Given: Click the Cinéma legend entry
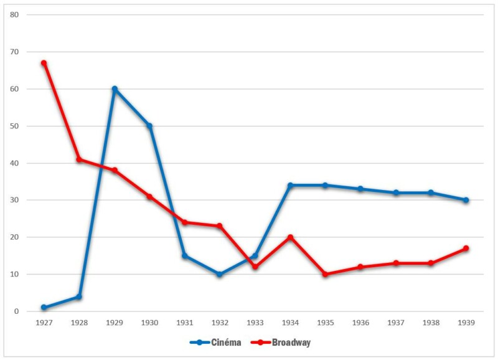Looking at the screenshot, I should [x=215, y=343].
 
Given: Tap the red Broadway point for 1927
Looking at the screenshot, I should [x=44, y=63].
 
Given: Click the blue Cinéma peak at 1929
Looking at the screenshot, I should [x=115, y=89].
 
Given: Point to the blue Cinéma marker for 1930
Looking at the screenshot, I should [x=149, y=126].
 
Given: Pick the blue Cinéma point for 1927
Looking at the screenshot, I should [x=44, y=308].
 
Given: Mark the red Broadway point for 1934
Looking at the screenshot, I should [x=290, y=237].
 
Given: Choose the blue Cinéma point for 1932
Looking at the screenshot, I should [x=220, y=274].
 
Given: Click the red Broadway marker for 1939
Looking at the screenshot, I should [x=466, y=249].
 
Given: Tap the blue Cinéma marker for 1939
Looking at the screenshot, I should [x=466, y=200].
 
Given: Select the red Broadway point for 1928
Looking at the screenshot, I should [x=79, y=159].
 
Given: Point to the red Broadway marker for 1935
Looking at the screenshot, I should [x=325, y=274].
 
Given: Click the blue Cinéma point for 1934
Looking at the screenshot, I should [x=290, y=186].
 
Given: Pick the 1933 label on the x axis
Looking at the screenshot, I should [x=255, y=323].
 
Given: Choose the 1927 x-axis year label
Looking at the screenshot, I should [x=44, y=323].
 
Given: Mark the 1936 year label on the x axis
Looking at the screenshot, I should [x=360, y=323].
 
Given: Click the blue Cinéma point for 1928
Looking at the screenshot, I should [x=79, y=296].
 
